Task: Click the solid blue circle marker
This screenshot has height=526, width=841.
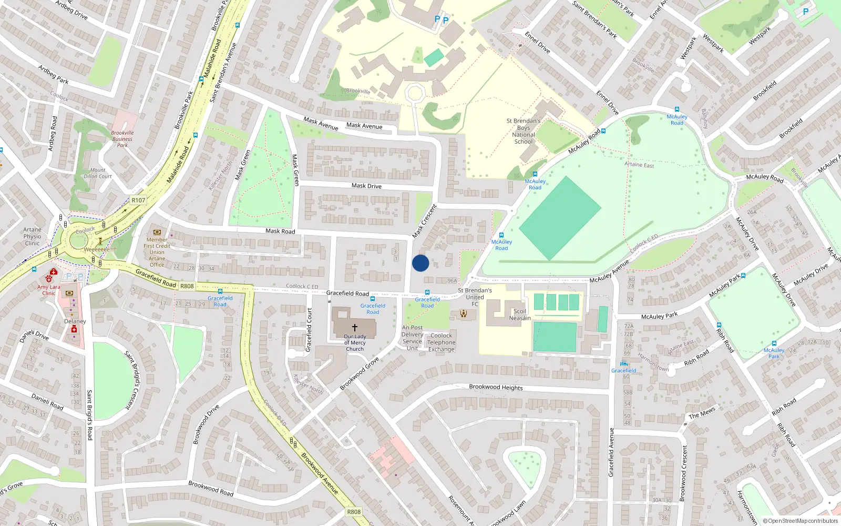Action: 420,263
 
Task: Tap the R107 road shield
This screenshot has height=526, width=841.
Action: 138,200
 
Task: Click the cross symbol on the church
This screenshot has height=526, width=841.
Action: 355,327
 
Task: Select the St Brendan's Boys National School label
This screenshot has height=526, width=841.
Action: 524,131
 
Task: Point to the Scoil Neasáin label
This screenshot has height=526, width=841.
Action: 520,315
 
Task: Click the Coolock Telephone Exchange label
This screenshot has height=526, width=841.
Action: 441,342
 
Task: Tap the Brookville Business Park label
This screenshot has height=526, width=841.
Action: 122,139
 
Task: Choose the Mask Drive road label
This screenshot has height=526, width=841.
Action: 366,186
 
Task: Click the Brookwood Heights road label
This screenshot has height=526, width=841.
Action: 496,387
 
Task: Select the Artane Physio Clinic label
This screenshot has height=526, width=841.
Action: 32,236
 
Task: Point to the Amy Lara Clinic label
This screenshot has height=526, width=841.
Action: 48,290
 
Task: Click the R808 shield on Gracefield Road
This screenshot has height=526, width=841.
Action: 187,286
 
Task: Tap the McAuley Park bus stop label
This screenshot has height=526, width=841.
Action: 774,353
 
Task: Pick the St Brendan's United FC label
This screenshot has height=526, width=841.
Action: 475,297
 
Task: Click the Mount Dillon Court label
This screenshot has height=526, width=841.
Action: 98,173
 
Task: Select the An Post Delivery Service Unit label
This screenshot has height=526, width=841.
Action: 412,338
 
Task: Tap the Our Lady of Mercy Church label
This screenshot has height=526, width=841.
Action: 355,342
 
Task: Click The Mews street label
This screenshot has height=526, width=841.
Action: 702,413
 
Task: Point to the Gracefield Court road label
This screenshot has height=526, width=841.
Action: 309,330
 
